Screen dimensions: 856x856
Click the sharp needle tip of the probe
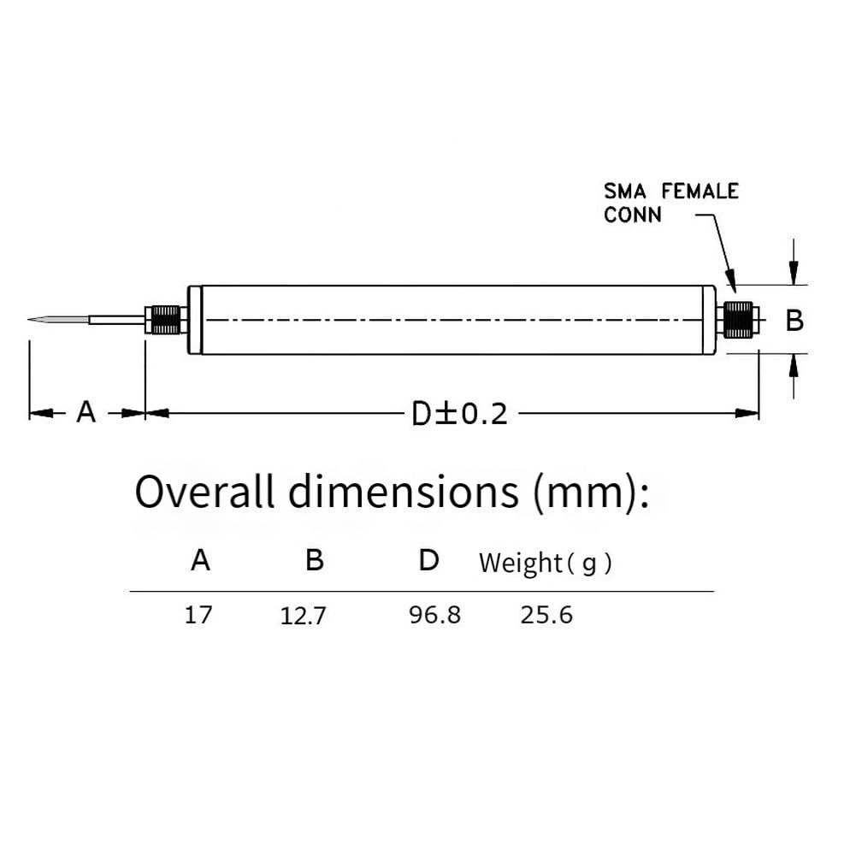(28, 319)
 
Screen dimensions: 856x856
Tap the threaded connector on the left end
(166, 320)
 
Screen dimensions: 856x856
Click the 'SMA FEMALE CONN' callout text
(671, 203)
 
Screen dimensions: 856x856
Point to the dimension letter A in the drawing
(86, 412)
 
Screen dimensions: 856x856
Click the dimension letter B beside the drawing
(794, 321)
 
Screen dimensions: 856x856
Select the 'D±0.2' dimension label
(459, 414)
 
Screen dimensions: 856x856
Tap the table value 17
(198, 615)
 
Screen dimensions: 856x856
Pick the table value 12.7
(303, 617)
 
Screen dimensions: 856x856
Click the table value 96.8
(435, 615)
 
